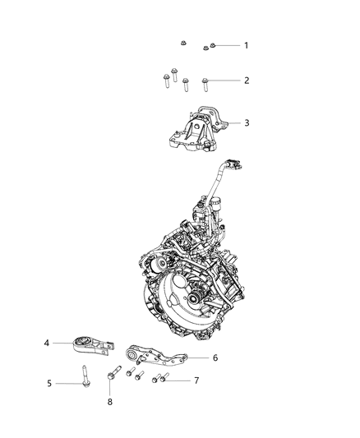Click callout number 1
(x=245, y=45)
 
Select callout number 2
(x=245, y=81)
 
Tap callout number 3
(x=245, y=123)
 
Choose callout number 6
(x=215, y=357)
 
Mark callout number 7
(x=196, y=381)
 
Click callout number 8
(x=109, y=402)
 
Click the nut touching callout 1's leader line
(x=212, y=45)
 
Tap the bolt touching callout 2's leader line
(x=205, y=81)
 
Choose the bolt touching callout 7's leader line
(x=165, y=379)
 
